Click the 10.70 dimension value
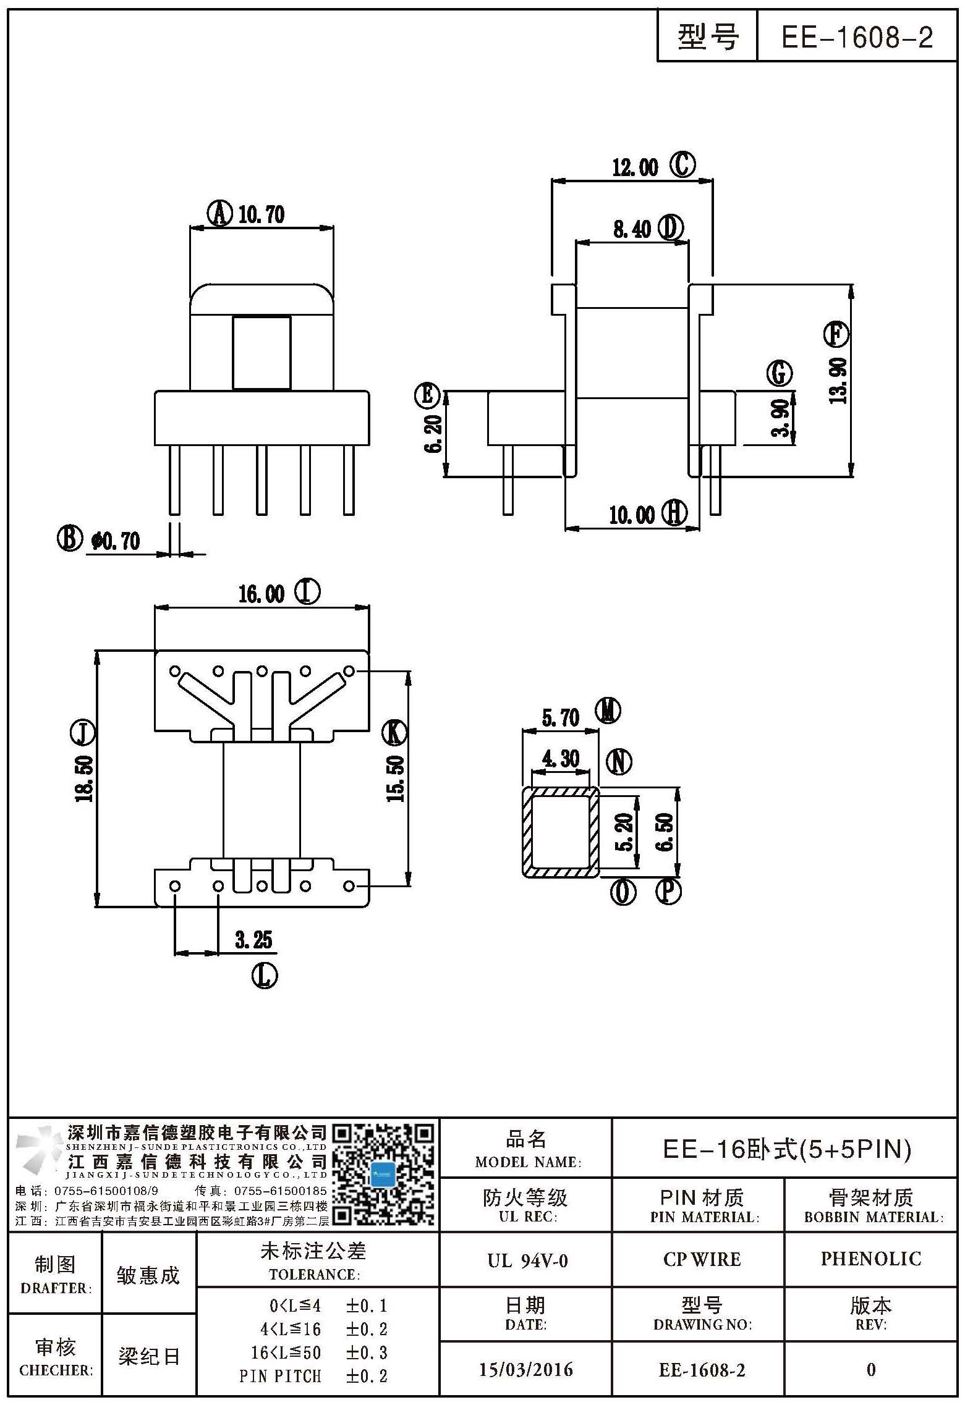point(261,214)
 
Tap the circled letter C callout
point(683,165)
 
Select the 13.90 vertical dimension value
point(838,381)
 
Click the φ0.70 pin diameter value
point(116,541)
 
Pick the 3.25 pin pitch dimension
point(253,940)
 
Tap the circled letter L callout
point(265,976)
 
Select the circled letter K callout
point(394,733)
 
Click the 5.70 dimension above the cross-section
point(561,718)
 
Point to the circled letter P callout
point(668,892)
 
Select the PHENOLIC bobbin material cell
point(870,1259)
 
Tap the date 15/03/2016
point(526,1370)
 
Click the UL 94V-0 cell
point(527,1260)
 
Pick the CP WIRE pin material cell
point(702,1259)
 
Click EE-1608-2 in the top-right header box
point(857,38)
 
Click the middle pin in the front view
point(262,479)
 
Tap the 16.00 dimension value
point(261,594)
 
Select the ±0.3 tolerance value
point(367,1352)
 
